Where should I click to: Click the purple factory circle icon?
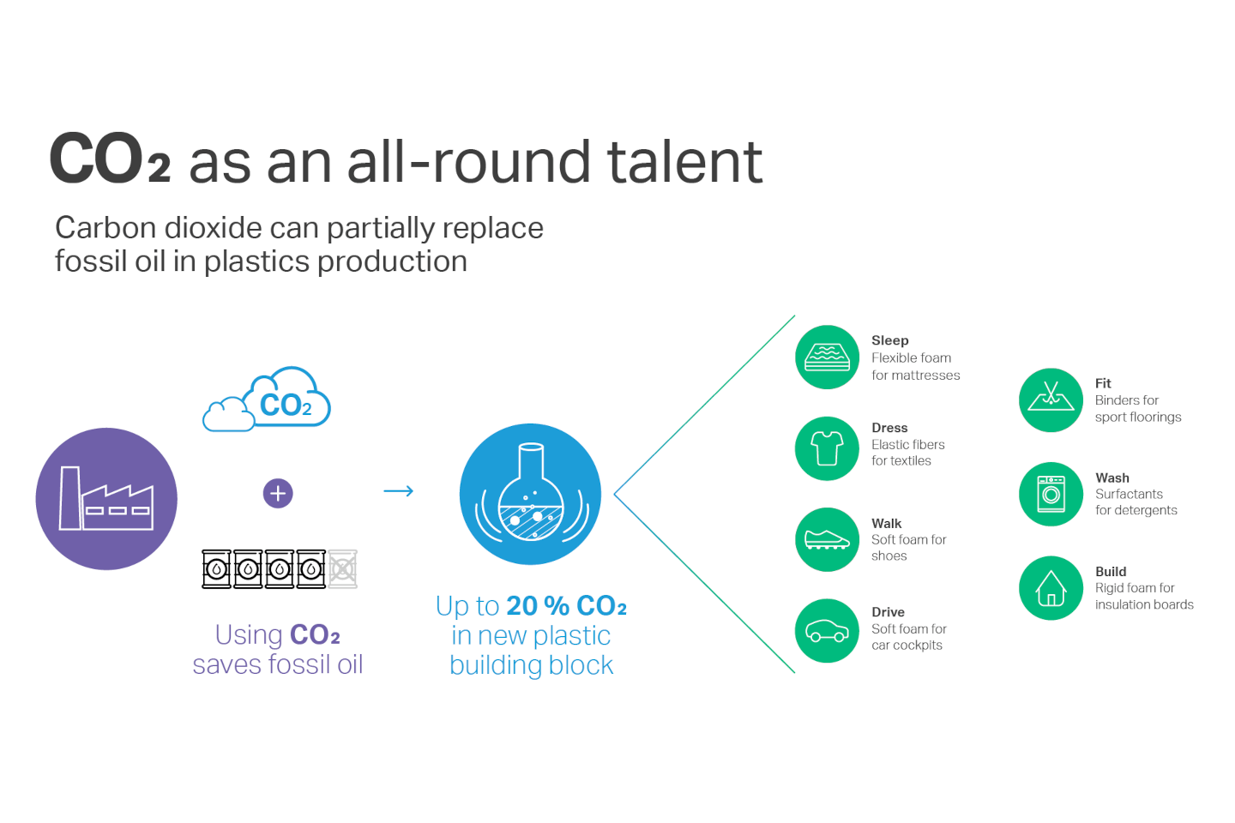click(106, 499)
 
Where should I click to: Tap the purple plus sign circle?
click(278, 493)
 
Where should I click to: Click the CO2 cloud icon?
click(267, 399)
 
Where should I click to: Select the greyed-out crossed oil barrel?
click(343, 569)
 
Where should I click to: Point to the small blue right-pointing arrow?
click(399, 490)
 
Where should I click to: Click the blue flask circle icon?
click(530, 494)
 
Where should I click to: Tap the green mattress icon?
click(827, 357)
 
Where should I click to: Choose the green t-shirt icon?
click(827, 448)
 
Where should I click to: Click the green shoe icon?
click(827, 539)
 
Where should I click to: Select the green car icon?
click(827, 631)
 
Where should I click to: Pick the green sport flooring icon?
click(1051, 400)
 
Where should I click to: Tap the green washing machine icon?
click(1051, 494)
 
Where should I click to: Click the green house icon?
click(1051, 588)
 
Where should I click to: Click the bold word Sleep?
click(890, 340)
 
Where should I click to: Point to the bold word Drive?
click(889, 612)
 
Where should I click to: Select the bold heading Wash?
click(1112, 478)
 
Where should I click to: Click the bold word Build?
click(1111, 572)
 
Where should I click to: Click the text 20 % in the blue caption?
click(538, 606)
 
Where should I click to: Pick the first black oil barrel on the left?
click(216, 569)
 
